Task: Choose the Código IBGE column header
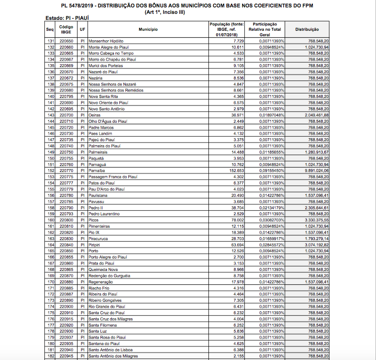tap(66, 29)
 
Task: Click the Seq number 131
tap(50, 41)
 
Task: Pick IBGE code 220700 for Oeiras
tap(66, 115)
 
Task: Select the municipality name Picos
tap(94, 220)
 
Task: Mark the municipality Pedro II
tap(95, 207)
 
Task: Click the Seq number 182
tap(50, 356)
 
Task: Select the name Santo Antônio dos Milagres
tap(113, 356)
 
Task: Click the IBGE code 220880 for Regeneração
tap(66, 282)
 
